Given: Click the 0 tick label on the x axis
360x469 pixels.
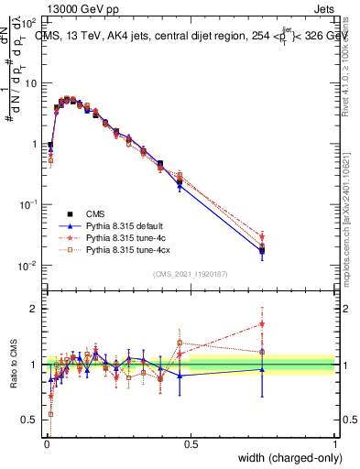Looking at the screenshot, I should tap(46, 442).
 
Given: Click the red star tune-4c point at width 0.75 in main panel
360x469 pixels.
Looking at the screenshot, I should tap(262, 236).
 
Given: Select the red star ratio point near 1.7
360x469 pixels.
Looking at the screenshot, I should tap(262, 323).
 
